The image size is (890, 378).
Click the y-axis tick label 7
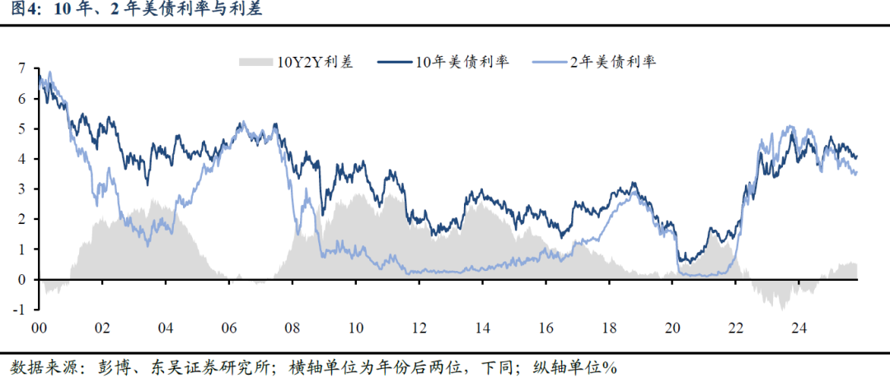tap(22, 68)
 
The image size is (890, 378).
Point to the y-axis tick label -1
tap(20, 310)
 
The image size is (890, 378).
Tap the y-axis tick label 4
tap(22, 159)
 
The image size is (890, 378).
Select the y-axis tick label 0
tap(22, 280)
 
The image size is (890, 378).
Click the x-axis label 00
tap(39, 327)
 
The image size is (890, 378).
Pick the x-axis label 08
tap(293, 327)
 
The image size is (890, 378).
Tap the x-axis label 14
tap(483, 327)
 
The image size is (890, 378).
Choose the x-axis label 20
tap(673, 327)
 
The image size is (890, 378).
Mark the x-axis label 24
tap(800, 327)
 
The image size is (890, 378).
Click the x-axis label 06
tap(229, 327)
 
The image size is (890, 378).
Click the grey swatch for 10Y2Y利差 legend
tap(255, 62)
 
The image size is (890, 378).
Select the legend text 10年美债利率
tap(461, 62)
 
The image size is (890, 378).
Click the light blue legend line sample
tap(549, 62)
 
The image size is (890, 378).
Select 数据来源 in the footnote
tap(39, 366)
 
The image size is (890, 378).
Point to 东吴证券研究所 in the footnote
tap(189, 366)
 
